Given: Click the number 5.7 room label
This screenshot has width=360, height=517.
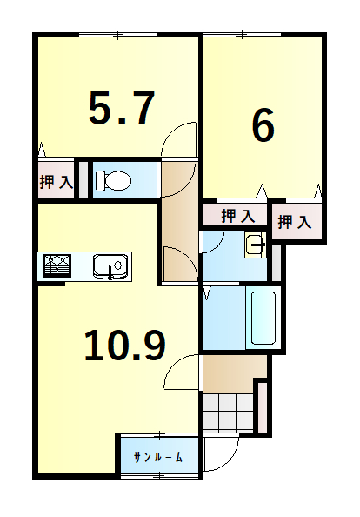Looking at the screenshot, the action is click(121, 108).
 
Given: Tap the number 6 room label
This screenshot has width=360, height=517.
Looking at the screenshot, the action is click(263, 125).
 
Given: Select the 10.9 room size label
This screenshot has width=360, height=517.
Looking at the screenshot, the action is click(125, 346).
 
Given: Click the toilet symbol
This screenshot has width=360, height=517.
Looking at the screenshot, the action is click(113, 180).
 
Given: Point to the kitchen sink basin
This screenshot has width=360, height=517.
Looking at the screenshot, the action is click(110, 266).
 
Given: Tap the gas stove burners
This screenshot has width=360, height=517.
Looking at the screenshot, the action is click(57, 265).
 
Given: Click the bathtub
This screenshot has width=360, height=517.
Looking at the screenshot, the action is click(263, 318).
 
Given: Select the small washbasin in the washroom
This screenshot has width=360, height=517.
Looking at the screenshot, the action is click(255, 245).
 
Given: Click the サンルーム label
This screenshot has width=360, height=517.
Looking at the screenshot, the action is click(158, 457).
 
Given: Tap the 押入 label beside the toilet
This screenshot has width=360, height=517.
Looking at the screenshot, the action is click(56, 182).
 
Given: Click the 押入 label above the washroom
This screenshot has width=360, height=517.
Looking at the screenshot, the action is click(238, 216).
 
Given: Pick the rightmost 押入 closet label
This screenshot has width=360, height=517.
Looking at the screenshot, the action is click(295, 222).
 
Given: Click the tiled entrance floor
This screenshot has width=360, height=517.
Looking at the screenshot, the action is click(228, 412).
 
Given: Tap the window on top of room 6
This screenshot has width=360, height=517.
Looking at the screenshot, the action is click(242, 34).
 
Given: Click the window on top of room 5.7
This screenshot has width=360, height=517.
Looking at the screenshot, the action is click(117, 34).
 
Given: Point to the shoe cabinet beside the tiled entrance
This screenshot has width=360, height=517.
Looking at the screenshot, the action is click(263, 407).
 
